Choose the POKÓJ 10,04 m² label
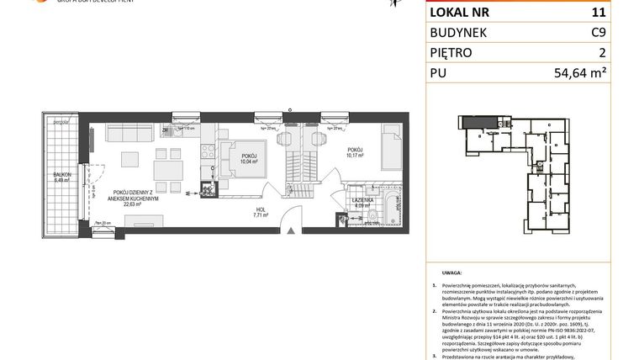(249, 158)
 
